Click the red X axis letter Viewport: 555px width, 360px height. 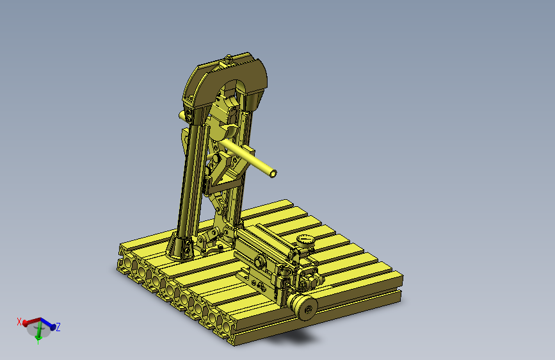(19, 322)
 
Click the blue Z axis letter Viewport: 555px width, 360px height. (58, 327)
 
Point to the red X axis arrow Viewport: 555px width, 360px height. (31, 322)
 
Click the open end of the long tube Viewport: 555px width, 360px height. (273, 173)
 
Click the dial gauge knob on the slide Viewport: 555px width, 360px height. (305, 242)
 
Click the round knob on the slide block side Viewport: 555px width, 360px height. (260, 262)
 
